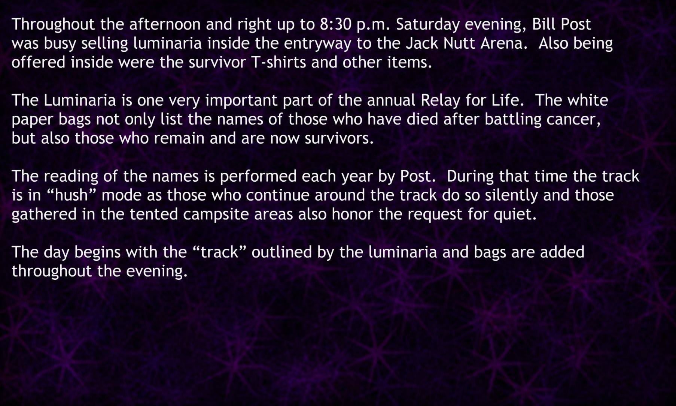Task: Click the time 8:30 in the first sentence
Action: point(336,24)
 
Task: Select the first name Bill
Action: point(543,24)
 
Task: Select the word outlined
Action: point(281,252)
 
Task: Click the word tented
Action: point(153,214)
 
